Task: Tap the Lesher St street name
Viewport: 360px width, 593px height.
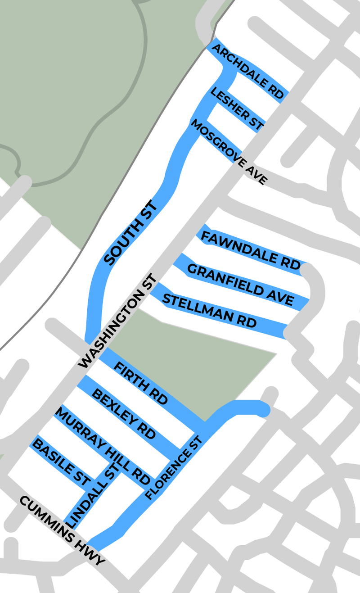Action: point(237,109)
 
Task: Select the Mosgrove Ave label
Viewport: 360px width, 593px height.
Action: point(229,151)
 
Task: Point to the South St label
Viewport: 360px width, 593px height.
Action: point(131,233)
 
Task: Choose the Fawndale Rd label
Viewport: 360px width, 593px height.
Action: point(250,251)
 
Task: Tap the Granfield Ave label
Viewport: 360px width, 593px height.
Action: point(240,285)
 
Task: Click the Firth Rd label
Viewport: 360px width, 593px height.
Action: point(140,383)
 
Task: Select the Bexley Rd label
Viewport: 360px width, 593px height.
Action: point(123,414)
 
